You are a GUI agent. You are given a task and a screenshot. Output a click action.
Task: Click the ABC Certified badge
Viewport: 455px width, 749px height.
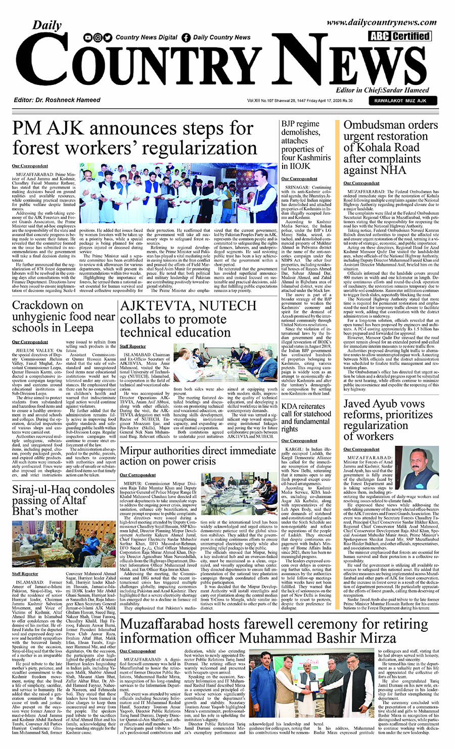pos(399,36)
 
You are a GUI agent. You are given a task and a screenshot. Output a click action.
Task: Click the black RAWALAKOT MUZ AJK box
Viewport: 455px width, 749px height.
pos(400,101)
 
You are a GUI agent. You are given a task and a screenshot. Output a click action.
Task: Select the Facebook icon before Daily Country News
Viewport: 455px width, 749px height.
pos(186,37)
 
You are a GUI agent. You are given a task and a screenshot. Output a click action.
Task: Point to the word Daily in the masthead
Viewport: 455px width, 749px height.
pos(47,26)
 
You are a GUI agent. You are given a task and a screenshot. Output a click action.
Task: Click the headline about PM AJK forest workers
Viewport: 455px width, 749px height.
pos(134,138)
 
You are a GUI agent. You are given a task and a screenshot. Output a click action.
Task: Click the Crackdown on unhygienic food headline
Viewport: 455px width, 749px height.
pos(63,316)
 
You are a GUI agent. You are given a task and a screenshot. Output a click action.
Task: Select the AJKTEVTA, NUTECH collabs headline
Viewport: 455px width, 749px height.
pos(181,319)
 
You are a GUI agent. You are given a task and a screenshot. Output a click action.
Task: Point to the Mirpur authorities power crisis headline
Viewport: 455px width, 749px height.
pos(198,455)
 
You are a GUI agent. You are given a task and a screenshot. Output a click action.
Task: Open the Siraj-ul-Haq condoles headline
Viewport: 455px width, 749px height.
pos(63,500)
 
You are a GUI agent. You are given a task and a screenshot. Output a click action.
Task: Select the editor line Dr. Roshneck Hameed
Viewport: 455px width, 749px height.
pos(50,100)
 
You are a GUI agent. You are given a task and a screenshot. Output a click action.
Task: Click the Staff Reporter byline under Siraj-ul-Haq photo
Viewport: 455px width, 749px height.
pos(25,574)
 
